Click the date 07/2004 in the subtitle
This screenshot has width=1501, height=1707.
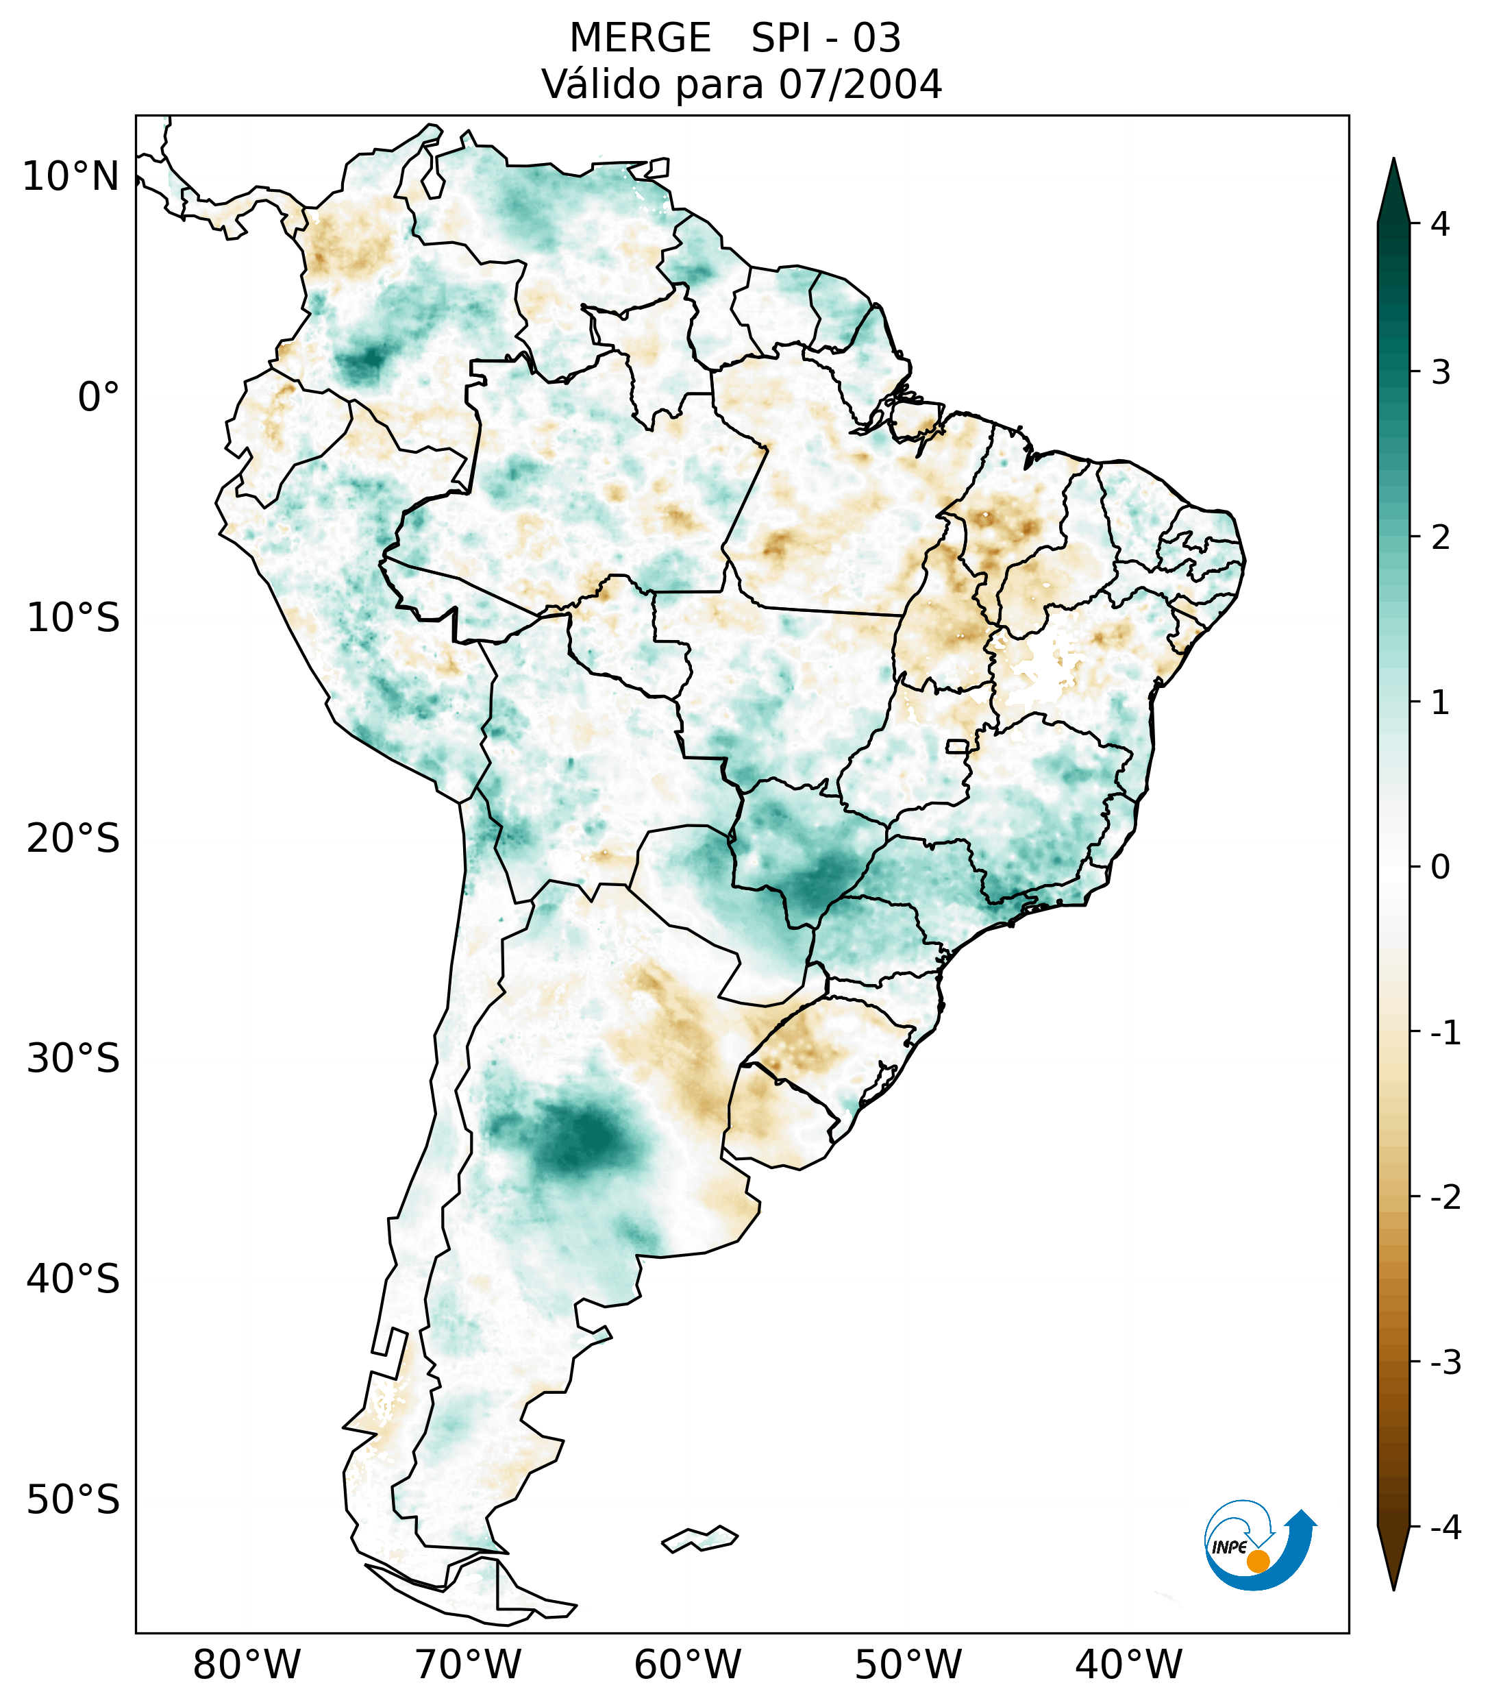tap(860, 84)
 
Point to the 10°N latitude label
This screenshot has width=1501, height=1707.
tap(70, 177)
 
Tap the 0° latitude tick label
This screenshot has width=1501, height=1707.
tap(99, 397)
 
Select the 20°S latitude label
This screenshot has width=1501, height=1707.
tap(73, 839)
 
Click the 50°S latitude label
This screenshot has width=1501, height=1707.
tap(73, 1500)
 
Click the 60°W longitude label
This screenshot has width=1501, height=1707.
tap(687, 1665)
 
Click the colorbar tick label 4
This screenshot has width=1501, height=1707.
tap(1440, 224)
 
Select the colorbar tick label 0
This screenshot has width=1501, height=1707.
tap(1440, 868)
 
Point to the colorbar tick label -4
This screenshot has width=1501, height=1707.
tap(1445, 1528)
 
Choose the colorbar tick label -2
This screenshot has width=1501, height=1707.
tap(1445, 1198)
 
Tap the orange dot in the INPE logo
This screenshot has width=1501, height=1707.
tap(1257, 1561)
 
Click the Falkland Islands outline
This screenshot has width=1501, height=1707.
tap(699, 1538)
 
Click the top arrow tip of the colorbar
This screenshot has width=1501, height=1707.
tap(1393, 160)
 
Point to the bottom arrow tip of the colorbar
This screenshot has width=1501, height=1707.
tap(1393, 1588)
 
